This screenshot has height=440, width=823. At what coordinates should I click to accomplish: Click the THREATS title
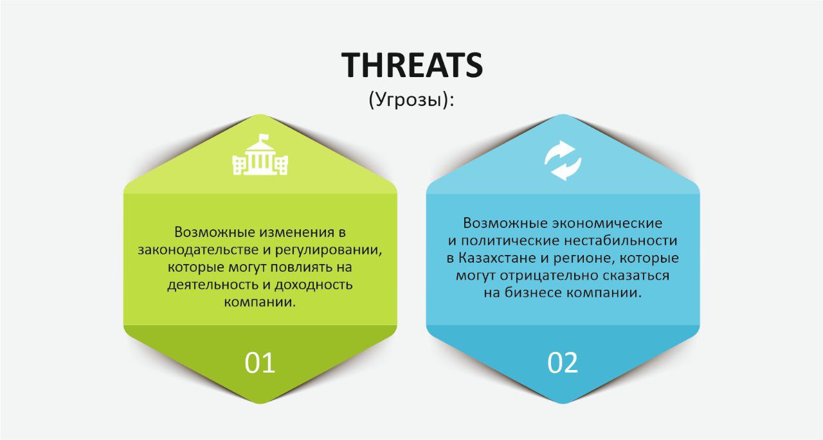[x=412, y=65]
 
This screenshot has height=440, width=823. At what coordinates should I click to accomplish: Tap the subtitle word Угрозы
[x=411, y=100]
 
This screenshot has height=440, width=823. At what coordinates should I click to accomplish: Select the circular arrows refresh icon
[x=563, y=161]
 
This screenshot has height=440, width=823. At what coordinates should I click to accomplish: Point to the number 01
[x=260, y=363]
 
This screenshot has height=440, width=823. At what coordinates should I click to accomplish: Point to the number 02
[x=563, y=363]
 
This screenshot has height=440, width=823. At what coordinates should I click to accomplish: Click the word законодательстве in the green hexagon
[x=198, y=250]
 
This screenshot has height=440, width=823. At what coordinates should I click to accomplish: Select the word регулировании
[x=329, y=251]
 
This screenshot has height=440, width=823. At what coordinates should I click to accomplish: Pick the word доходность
[x=314, y=285]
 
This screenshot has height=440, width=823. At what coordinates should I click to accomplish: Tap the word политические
[x=511, y=241]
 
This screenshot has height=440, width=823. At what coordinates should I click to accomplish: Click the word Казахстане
[x=497, y=258]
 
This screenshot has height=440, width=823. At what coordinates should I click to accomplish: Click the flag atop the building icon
[x=264, y=137]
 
